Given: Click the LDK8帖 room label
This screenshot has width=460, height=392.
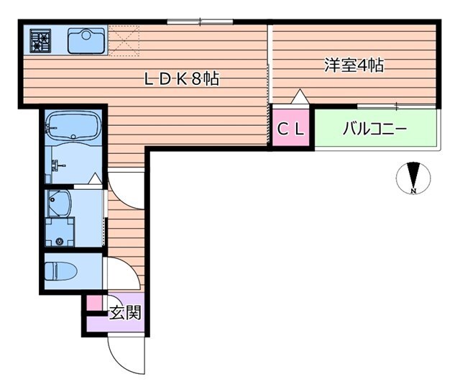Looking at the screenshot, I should pyautogui.click(x=181, y=80).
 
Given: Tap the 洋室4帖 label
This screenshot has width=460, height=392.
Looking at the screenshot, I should pyautogui.click(x=353, y=65).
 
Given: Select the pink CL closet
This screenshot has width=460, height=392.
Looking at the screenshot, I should pyautogui.click(x=292, y=129).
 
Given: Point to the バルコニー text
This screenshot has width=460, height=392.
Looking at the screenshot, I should pyautogui.click(x=374, y=129).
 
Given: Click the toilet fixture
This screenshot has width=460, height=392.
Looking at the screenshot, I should pyautogui.click(x=61, y=271).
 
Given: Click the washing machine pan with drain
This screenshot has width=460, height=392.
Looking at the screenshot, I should pyautogui.click(x=60, y=234).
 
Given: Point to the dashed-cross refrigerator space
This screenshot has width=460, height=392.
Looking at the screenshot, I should pyautogui.click(x=124, y=40).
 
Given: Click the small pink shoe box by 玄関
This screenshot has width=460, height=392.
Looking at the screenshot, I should pyautogui.click(x=94, y=304).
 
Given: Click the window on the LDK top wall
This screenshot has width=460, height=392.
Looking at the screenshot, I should pyautogui.click(x=193, y=22).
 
